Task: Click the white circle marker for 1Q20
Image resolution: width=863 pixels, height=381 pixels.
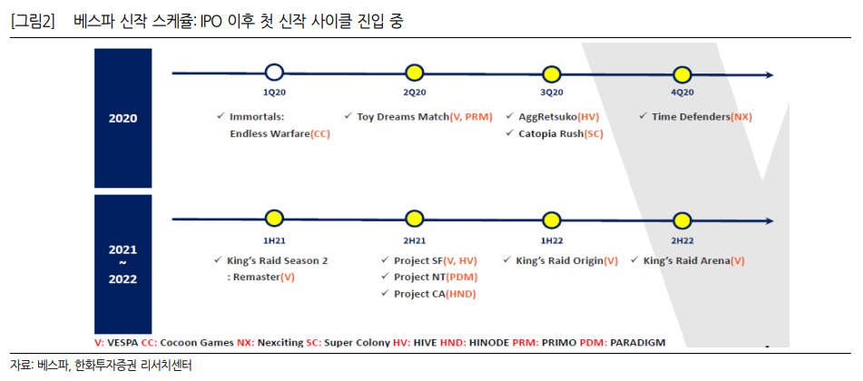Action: coord(275,73)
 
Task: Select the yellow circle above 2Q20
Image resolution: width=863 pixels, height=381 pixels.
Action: coord(414,73)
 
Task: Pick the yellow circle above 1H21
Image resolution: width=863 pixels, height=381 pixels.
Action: coord(275,218)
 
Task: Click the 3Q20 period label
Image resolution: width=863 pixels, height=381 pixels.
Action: coord(551,93)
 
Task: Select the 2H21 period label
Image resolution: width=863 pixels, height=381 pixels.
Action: coord(414,239)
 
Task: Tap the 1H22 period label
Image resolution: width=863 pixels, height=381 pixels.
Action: coord(551,239)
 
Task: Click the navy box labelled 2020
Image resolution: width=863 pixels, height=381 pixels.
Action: coord(123,118)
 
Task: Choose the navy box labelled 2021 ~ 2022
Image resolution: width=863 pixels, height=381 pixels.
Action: coord(123,263)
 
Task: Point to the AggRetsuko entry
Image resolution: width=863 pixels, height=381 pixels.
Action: coord(547,116)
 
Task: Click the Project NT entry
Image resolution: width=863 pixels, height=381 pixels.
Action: coord(420,277)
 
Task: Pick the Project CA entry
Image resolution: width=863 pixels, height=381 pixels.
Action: coord(420,294)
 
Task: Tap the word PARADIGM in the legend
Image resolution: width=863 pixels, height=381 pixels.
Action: coord(638,342)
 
